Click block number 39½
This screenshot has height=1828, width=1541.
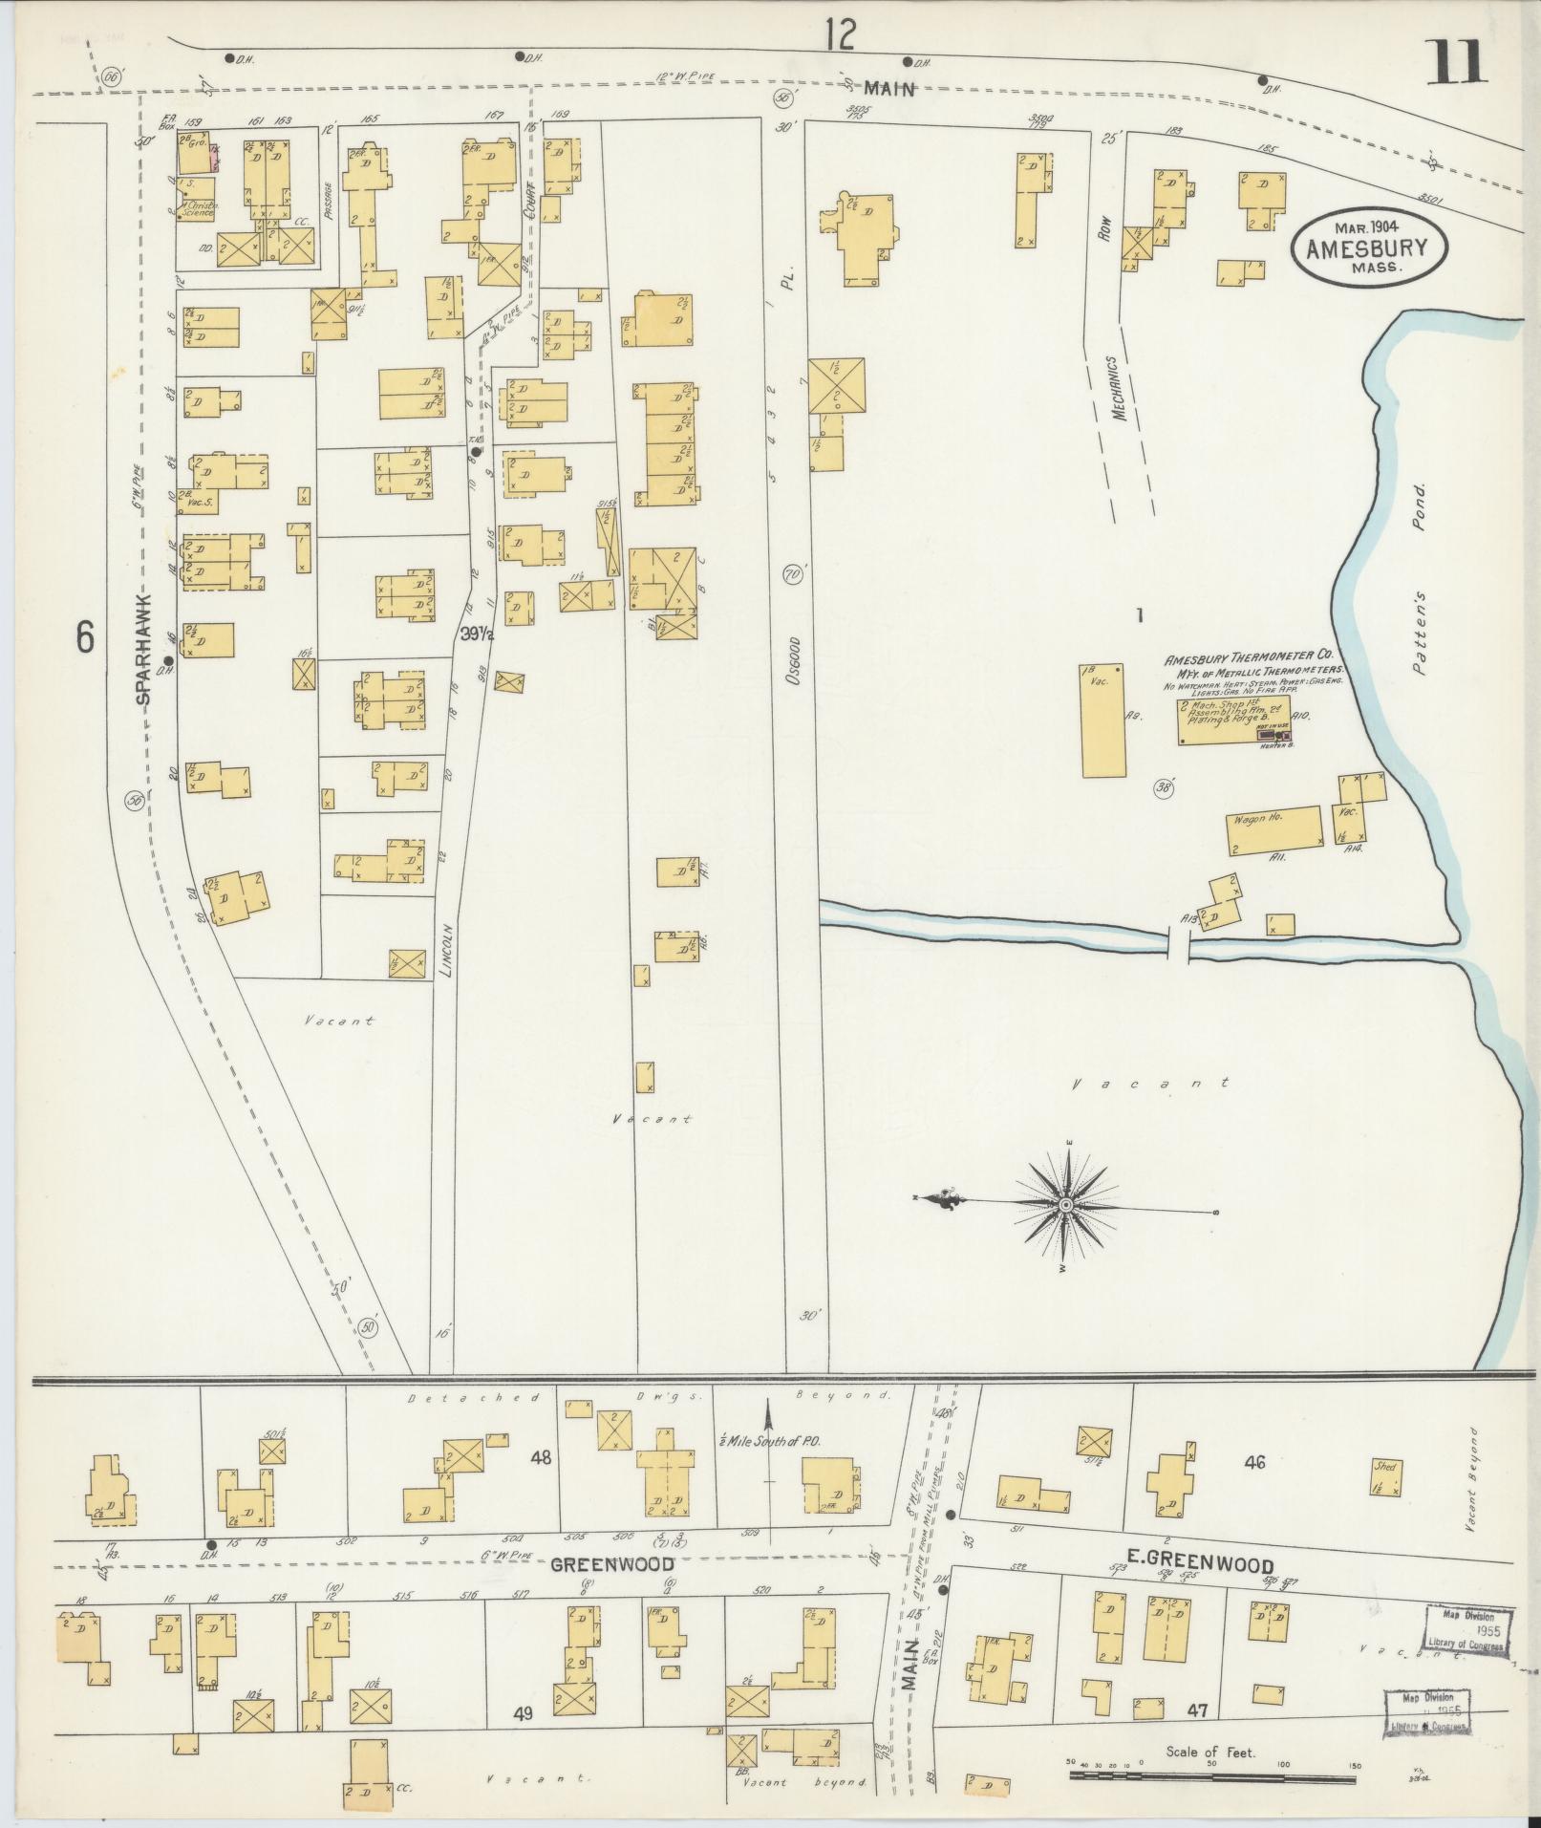point(477,634)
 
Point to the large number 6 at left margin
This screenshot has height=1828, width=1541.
point(85,637)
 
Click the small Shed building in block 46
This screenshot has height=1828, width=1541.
point(1384,1503)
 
